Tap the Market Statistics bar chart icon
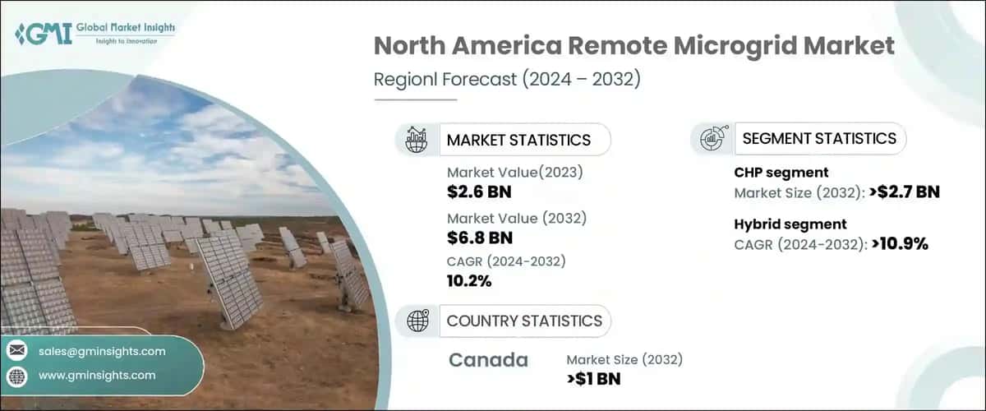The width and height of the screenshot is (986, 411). tap(416, 139)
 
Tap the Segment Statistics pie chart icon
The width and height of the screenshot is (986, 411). tap(712, 139)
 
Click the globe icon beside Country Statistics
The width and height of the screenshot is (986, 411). tap(417, 321)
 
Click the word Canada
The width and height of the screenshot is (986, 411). tap(488, 360)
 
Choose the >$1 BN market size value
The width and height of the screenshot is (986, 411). tap(594, 379)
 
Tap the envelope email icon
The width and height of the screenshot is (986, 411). tap(17, 352)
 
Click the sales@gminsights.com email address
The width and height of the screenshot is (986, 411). tap(102, 352)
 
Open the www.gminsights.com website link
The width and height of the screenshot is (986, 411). tap(97, 376)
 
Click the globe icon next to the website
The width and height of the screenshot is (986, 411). tap(17, 376)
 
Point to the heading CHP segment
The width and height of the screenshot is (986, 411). tap(781, 173)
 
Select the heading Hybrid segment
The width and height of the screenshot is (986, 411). tap(790, 224)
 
